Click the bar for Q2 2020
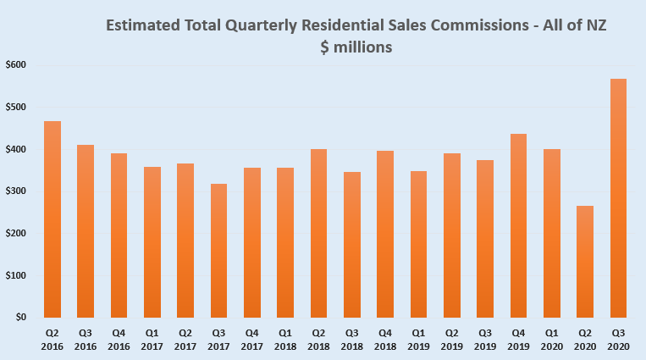(585, 262)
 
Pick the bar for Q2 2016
(52, 219)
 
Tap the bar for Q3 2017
(218, 251)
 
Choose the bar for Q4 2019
(518, 225)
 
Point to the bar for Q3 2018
(351, 245)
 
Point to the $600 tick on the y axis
(16, 64)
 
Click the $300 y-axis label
(16, 191)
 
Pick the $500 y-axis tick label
(16, 107)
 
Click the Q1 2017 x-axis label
(152, 341)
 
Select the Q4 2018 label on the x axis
(385, 341)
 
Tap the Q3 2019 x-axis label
(485, 341)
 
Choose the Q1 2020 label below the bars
(551, 341)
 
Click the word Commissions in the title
(479, 25)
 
